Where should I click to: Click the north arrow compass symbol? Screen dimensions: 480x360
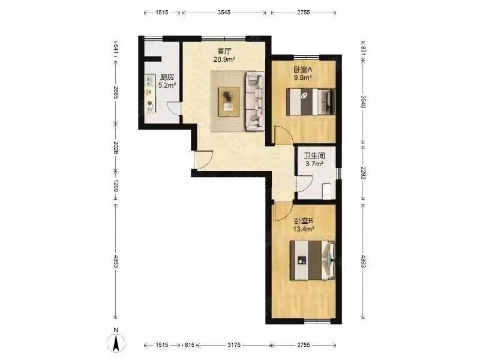[116, 343]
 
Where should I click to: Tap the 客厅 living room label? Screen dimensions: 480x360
[224, 51]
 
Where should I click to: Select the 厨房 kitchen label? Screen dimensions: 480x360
[167, 77]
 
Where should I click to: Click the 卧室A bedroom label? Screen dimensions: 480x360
[303, 70]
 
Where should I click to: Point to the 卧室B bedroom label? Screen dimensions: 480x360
[304, 220]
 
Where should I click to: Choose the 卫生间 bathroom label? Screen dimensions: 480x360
[314, 155]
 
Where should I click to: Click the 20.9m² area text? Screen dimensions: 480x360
[224, 59]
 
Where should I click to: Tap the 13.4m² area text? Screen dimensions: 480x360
[304, 229]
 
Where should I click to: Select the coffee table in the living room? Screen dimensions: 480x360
[229, 102]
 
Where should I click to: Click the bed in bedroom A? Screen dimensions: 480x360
[311, 102]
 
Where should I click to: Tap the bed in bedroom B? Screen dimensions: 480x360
[313, 260]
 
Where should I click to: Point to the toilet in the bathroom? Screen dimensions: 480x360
[327, 190]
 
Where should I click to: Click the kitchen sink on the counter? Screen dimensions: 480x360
[149, 80]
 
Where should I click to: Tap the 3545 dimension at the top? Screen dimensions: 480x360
[224, 13]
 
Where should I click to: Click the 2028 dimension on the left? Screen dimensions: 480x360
[116, 147]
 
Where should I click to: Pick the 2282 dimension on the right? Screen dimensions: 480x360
[363, 172]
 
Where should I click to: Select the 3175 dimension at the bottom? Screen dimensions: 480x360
[234, 345]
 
